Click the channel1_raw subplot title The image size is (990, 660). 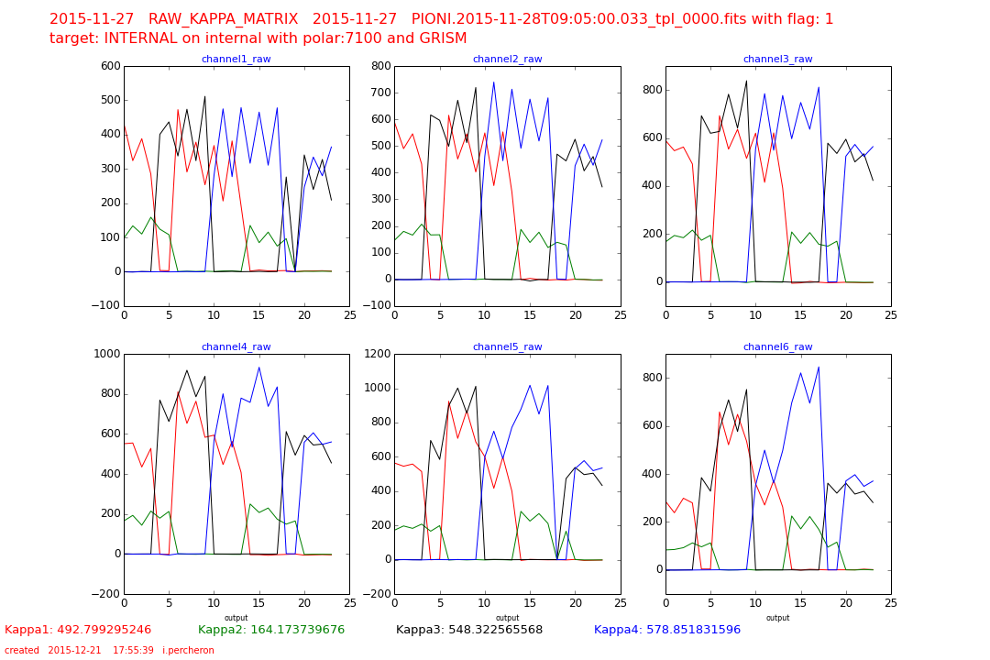pyautogui.click(x=236, y=60)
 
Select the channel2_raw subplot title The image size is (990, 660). pyautogui.click(x=507, y=60)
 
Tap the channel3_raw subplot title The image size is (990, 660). pyautogui.click(x=777, y=60)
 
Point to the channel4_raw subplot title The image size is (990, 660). pyautogui.click(x=236, y=347)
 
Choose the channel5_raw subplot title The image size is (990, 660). pyautogui.click(x=507, y=347)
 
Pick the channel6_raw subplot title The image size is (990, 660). pyautogui.click(x=777, y=347)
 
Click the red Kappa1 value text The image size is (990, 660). pyautogui.click(x=78, y=630)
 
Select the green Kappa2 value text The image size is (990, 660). pyautogui.click(x=271, y=630)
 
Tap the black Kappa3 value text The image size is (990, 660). pyautogui.click(x=469, y=630)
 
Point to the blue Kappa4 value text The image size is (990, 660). pyautogui.click(x=667, y=630)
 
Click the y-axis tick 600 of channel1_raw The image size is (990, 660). pyautogui.click(x=110, y=66)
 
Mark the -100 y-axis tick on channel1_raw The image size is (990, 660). pyautogui.click(x=106, y=306)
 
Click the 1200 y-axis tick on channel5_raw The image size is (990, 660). pyautogui.click(x=378, y=354)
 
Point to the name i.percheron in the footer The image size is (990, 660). pyautogui.click(x=188, y=651)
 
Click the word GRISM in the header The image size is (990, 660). pyautogui.click(x=442, y=38)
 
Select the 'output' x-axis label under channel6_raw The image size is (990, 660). pyautogui.click(x=777, y=618)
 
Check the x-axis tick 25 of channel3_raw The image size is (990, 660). pyautogui.click(x=891, y=314)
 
